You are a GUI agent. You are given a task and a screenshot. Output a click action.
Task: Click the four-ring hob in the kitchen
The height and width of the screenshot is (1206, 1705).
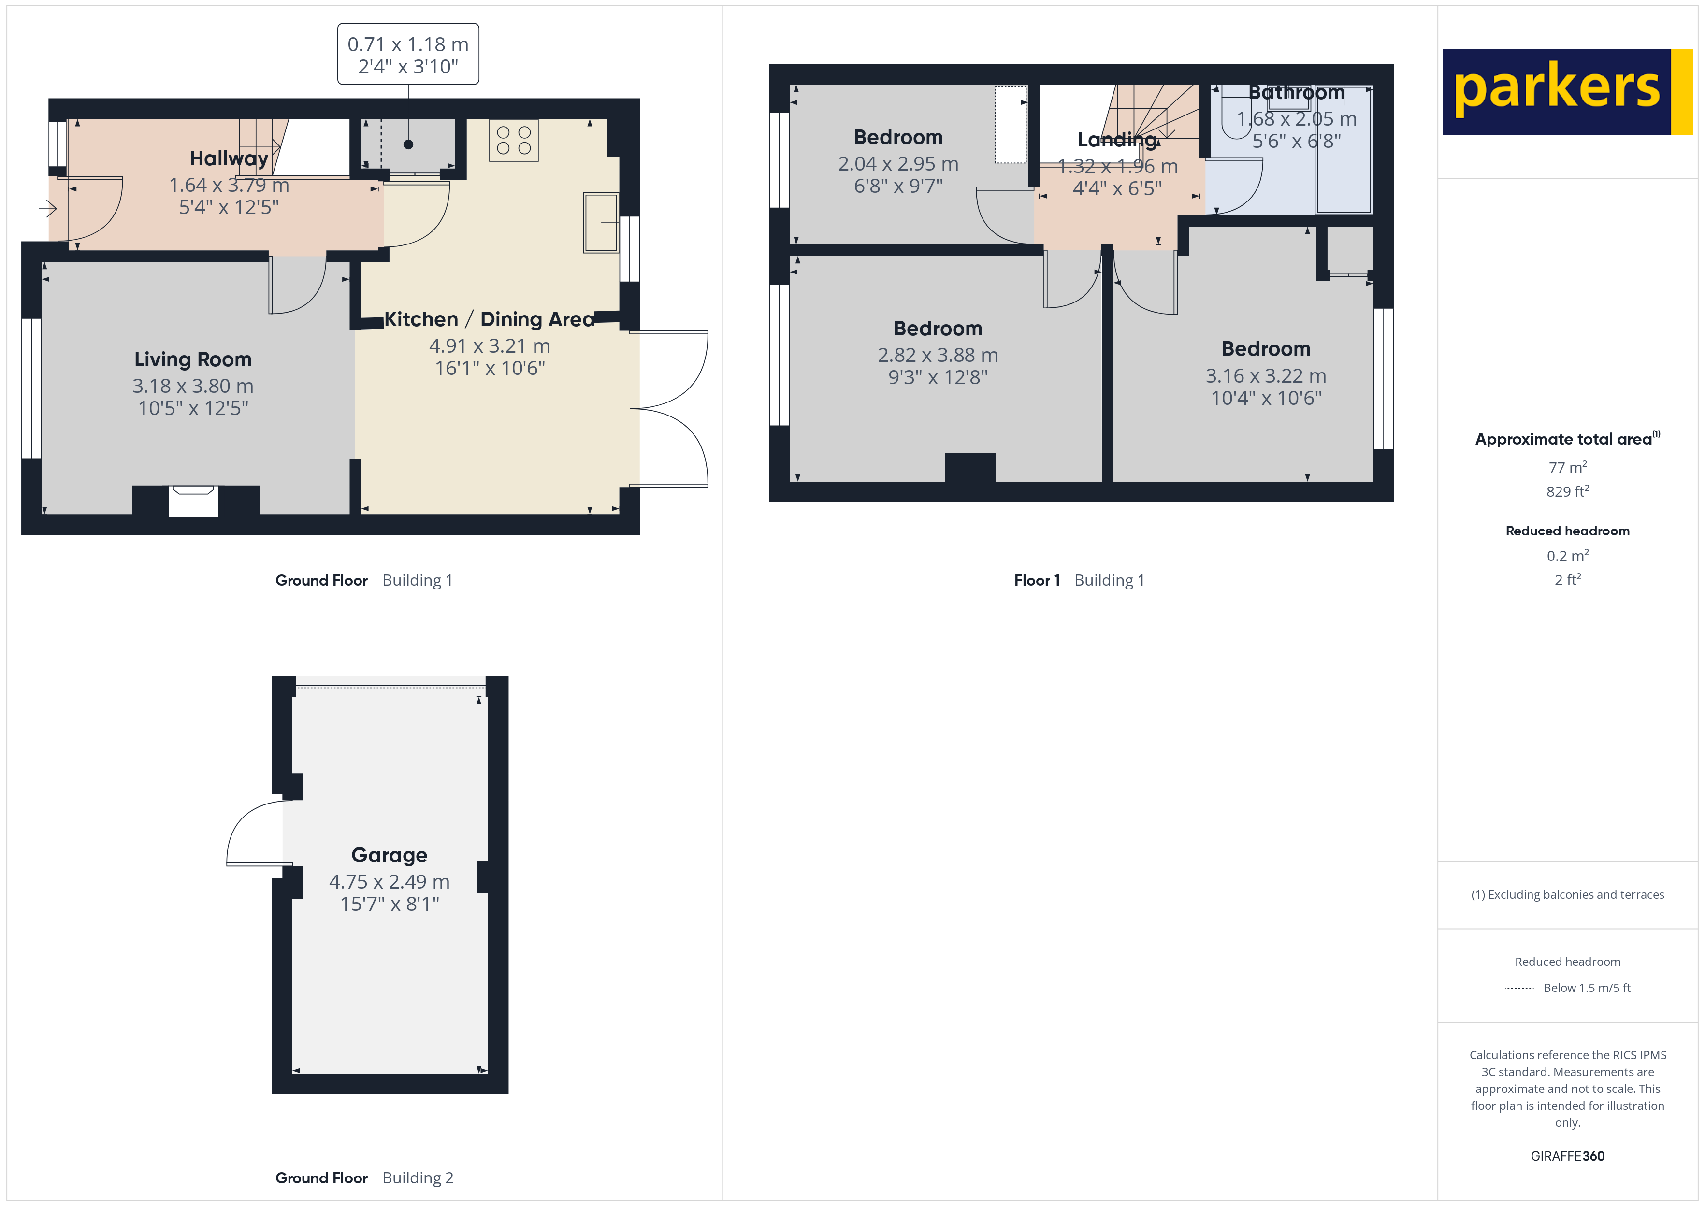514,140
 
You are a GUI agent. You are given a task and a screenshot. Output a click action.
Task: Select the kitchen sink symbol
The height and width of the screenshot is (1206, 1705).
601,223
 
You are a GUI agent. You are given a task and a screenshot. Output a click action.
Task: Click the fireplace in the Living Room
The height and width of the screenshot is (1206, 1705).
193,501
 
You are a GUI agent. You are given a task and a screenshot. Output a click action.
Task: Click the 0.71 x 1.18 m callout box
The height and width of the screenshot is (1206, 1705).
408,54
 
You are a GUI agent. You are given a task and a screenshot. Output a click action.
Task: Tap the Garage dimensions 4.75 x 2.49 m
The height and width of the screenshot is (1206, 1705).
389,881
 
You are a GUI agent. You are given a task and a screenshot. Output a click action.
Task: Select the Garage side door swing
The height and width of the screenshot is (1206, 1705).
256,833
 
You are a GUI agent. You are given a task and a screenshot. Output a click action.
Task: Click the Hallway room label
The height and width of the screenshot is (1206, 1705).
229,158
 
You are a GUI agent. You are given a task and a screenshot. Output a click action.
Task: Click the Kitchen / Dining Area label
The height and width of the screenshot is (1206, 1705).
489,319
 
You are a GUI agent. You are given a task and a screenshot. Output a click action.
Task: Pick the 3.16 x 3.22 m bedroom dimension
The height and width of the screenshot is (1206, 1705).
1265,376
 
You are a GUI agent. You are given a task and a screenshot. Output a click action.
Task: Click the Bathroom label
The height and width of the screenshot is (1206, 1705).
1296,93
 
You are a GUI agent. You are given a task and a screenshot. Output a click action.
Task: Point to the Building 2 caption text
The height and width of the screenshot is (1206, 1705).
418,1178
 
